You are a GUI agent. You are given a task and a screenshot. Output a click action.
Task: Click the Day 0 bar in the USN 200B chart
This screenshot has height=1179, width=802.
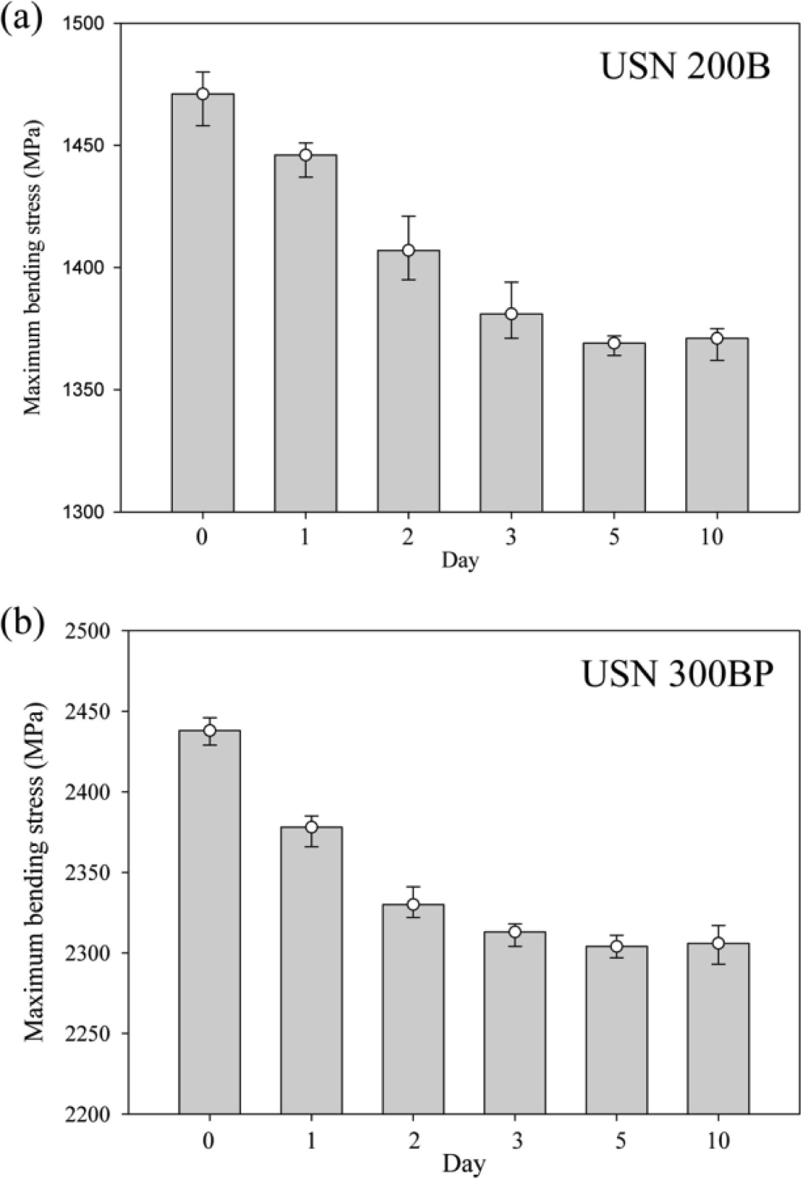point(202,310)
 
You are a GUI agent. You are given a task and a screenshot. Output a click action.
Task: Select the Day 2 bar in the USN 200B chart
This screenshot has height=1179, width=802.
point(408,387)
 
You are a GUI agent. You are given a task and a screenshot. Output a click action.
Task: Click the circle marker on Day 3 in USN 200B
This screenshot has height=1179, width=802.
point(511,314)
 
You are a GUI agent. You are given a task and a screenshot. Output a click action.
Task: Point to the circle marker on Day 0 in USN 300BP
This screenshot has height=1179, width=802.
point(210,730)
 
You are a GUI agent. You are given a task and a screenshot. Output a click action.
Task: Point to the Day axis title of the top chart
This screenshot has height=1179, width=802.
point(460,560)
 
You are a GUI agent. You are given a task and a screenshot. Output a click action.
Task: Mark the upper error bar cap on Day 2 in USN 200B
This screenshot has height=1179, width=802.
point(408,216)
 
